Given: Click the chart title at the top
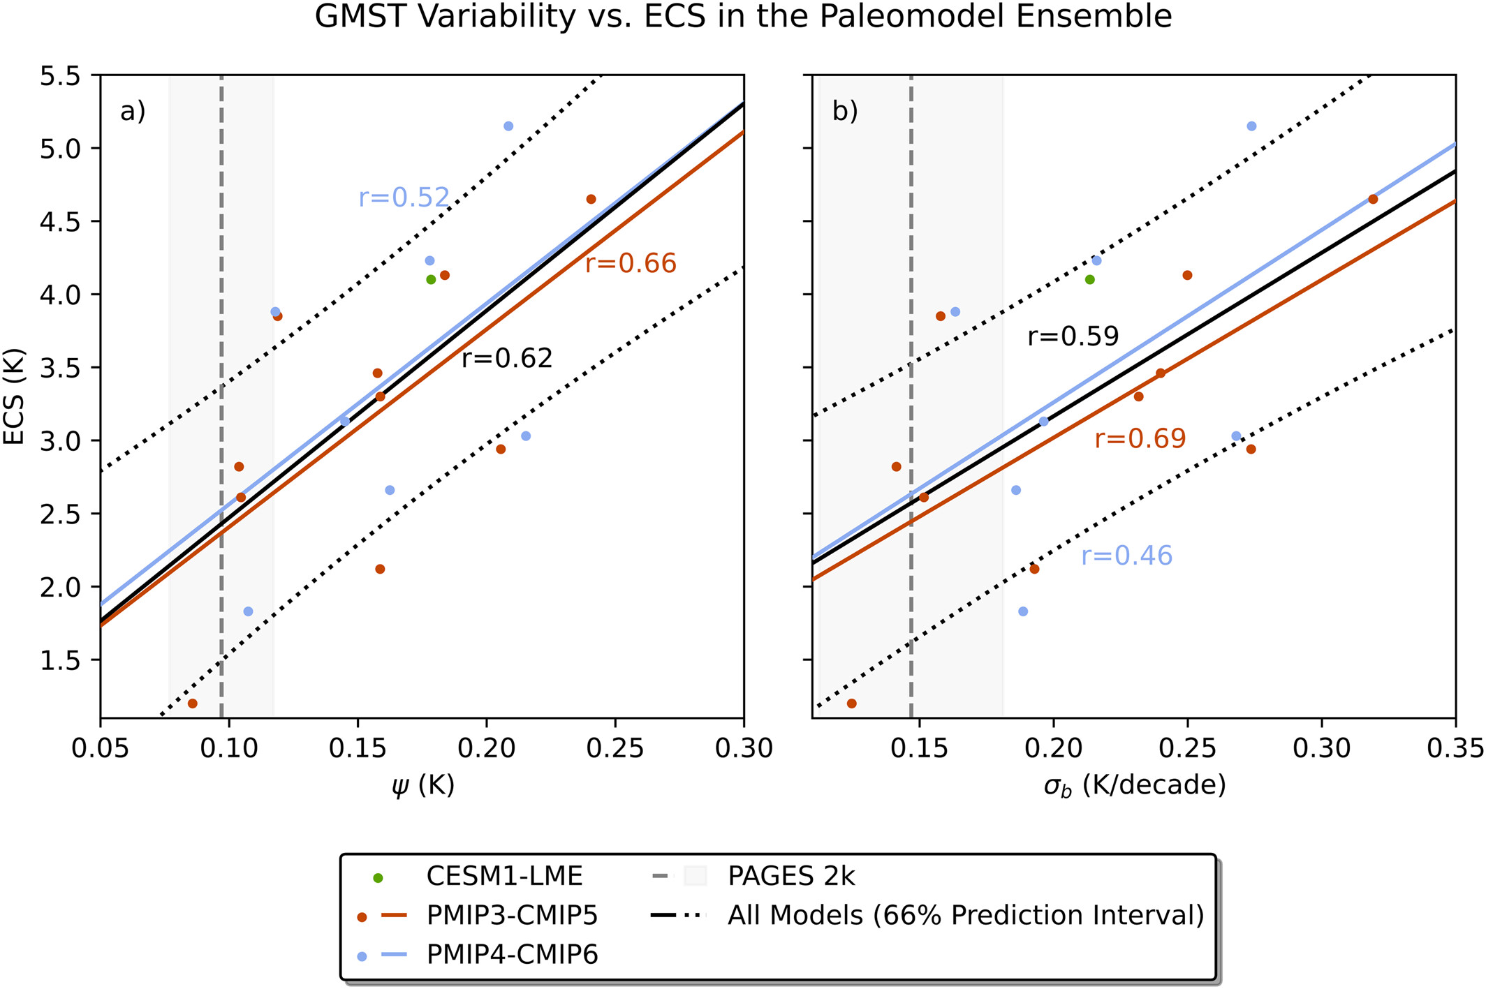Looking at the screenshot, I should (743, 17).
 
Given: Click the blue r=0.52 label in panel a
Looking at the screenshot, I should (404, 198).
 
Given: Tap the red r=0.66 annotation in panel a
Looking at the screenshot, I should (631, 264).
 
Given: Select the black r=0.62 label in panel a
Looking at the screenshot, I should (507, 359).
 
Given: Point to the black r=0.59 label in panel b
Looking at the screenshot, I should (1073, 337).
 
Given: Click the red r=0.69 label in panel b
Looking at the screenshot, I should (1140, 439).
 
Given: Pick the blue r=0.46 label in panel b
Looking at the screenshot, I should (1126, 556).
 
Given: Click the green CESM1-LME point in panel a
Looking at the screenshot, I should (431, 280).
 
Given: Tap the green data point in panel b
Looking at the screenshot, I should (1089, 280).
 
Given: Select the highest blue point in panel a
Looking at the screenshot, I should (508, 126).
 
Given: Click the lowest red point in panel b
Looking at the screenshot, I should (851, 704).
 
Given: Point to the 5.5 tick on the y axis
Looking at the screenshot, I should (60, 75).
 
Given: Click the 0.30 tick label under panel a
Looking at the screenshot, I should (744, 749).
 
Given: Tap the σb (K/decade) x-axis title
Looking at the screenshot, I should (1135, 785).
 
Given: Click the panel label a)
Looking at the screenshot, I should (133, 112).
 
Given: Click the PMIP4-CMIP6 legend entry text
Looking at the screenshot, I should (512, 954).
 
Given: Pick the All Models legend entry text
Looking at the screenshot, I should (966, 915).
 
